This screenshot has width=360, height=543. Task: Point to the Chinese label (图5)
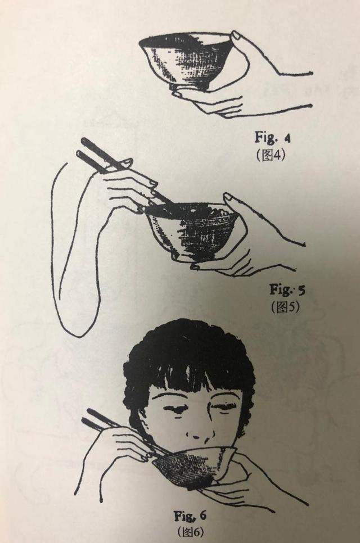point(285,307)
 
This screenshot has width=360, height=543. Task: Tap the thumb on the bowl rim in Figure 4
point(238,37)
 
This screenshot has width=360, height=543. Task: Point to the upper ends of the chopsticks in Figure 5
point(87,147)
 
